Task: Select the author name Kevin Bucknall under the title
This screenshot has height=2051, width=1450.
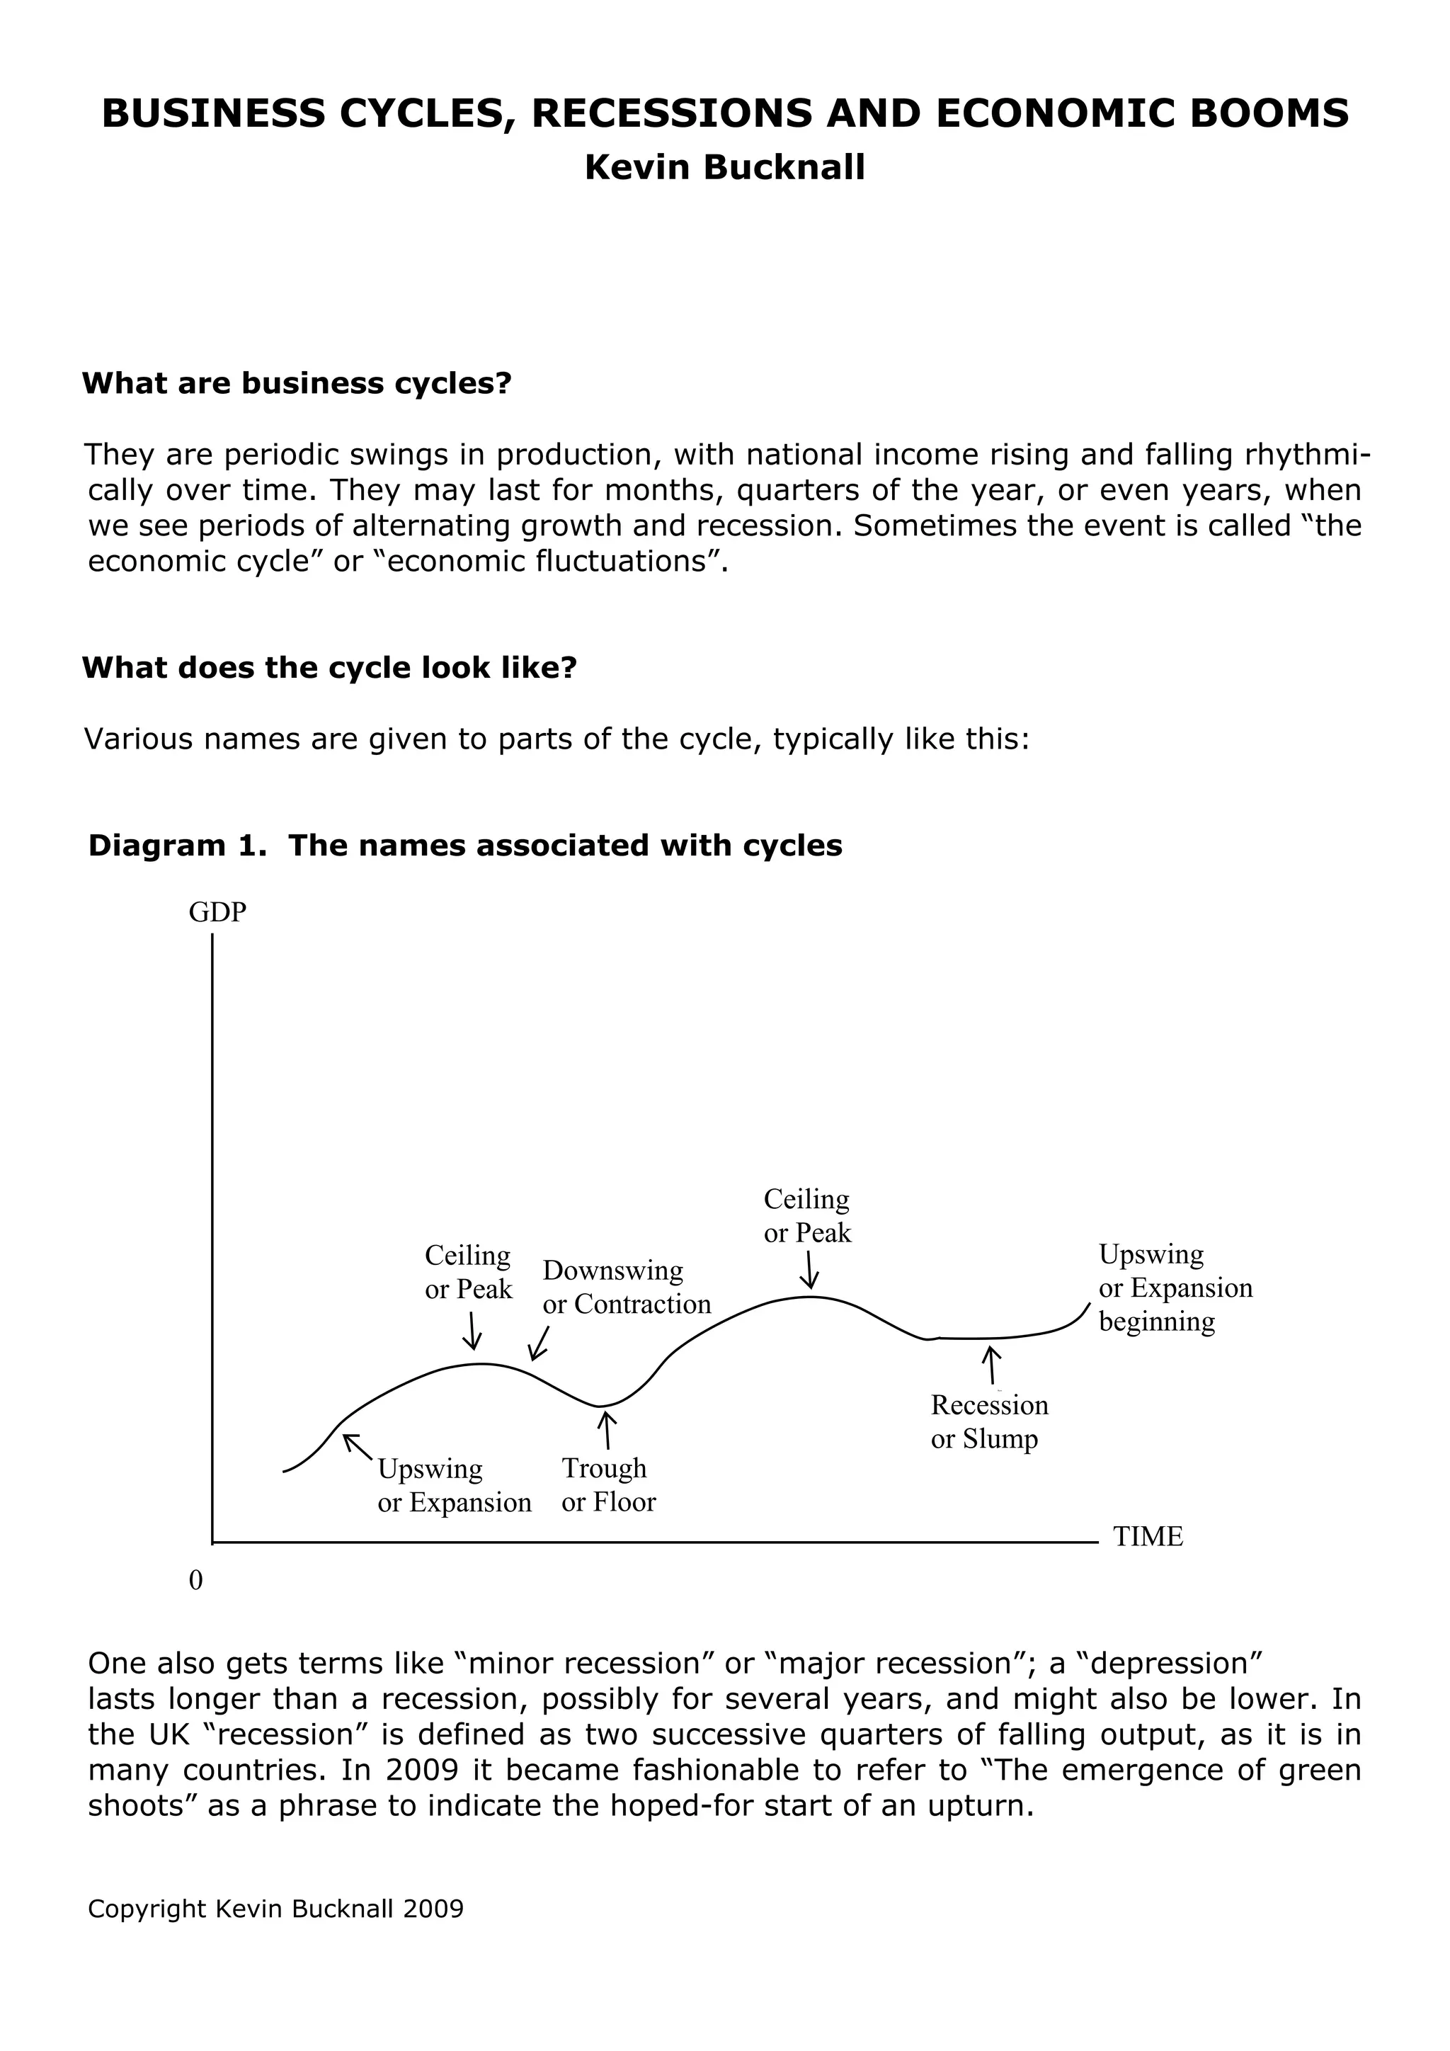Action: pos(724,168)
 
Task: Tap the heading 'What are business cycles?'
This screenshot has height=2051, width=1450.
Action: pos(297,383)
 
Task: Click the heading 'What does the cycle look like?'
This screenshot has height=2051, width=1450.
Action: pos(329,667)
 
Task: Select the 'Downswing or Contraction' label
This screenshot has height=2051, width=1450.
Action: pos(626,1288)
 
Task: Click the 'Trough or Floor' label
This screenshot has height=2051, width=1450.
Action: pos(608,1484)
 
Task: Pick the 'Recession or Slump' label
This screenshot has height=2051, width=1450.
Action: pos(988,1422)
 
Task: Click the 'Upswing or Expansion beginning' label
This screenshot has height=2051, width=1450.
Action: pos(1175,1288)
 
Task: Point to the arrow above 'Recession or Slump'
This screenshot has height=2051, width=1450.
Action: pos(991,1366)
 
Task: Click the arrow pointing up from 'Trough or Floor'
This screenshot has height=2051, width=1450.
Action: pos(607,1429)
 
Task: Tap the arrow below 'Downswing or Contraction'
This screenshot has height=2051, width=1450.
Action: pos(538,1343)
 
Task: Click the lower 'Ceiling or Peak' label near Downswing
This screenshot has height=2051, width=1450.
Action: pos(468,1272)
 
